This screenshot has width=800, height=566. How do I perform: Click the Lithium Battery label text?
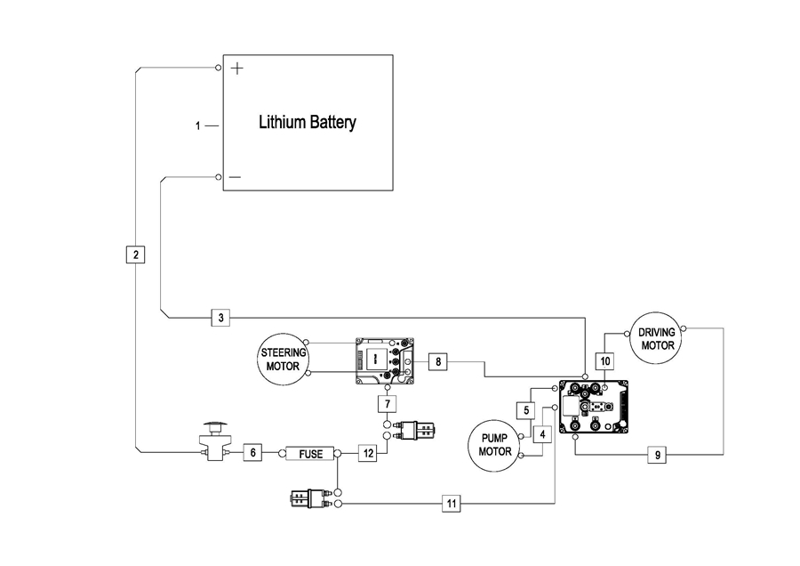click(x=307, y=123)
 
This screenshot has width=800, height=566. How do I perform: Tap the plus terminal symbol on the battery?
click(x=236, y=69)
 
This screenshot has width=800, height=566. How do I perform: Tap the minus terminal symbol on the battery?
click(x=235, y=177)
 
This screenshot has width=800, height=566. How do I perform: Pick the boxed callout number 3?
click(x=221, y=317)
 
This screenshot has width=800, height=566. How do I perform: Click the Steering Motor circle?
click(x=282, y=359)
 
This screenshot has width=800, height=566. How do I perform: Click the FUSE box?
click(x=310, y=454)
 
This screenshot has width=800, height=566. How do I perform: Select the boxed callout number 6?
click(x=252, y=453)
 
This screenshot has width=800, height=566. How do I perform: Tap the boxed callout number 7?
click(x=386, y=404)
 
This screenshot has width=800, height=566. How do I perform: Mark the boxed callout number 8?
click(x=436, y=361)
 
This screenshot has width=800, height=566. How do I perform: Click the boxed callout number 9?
click(x=657, y=455)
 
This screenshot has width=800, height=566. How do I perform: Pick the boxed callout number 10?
click(x=605, y=361)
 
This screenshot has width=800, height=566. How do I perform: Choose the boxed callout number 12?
click(x=367, y=453)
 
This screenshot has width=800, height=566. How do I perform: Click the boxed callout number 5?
click(x=525, y=410)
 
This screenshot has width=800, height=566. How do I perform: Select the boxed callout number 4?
click(x=542, y=433)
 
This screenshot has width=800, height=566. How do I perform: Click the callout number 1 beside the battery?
click(x=198, y=126)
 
